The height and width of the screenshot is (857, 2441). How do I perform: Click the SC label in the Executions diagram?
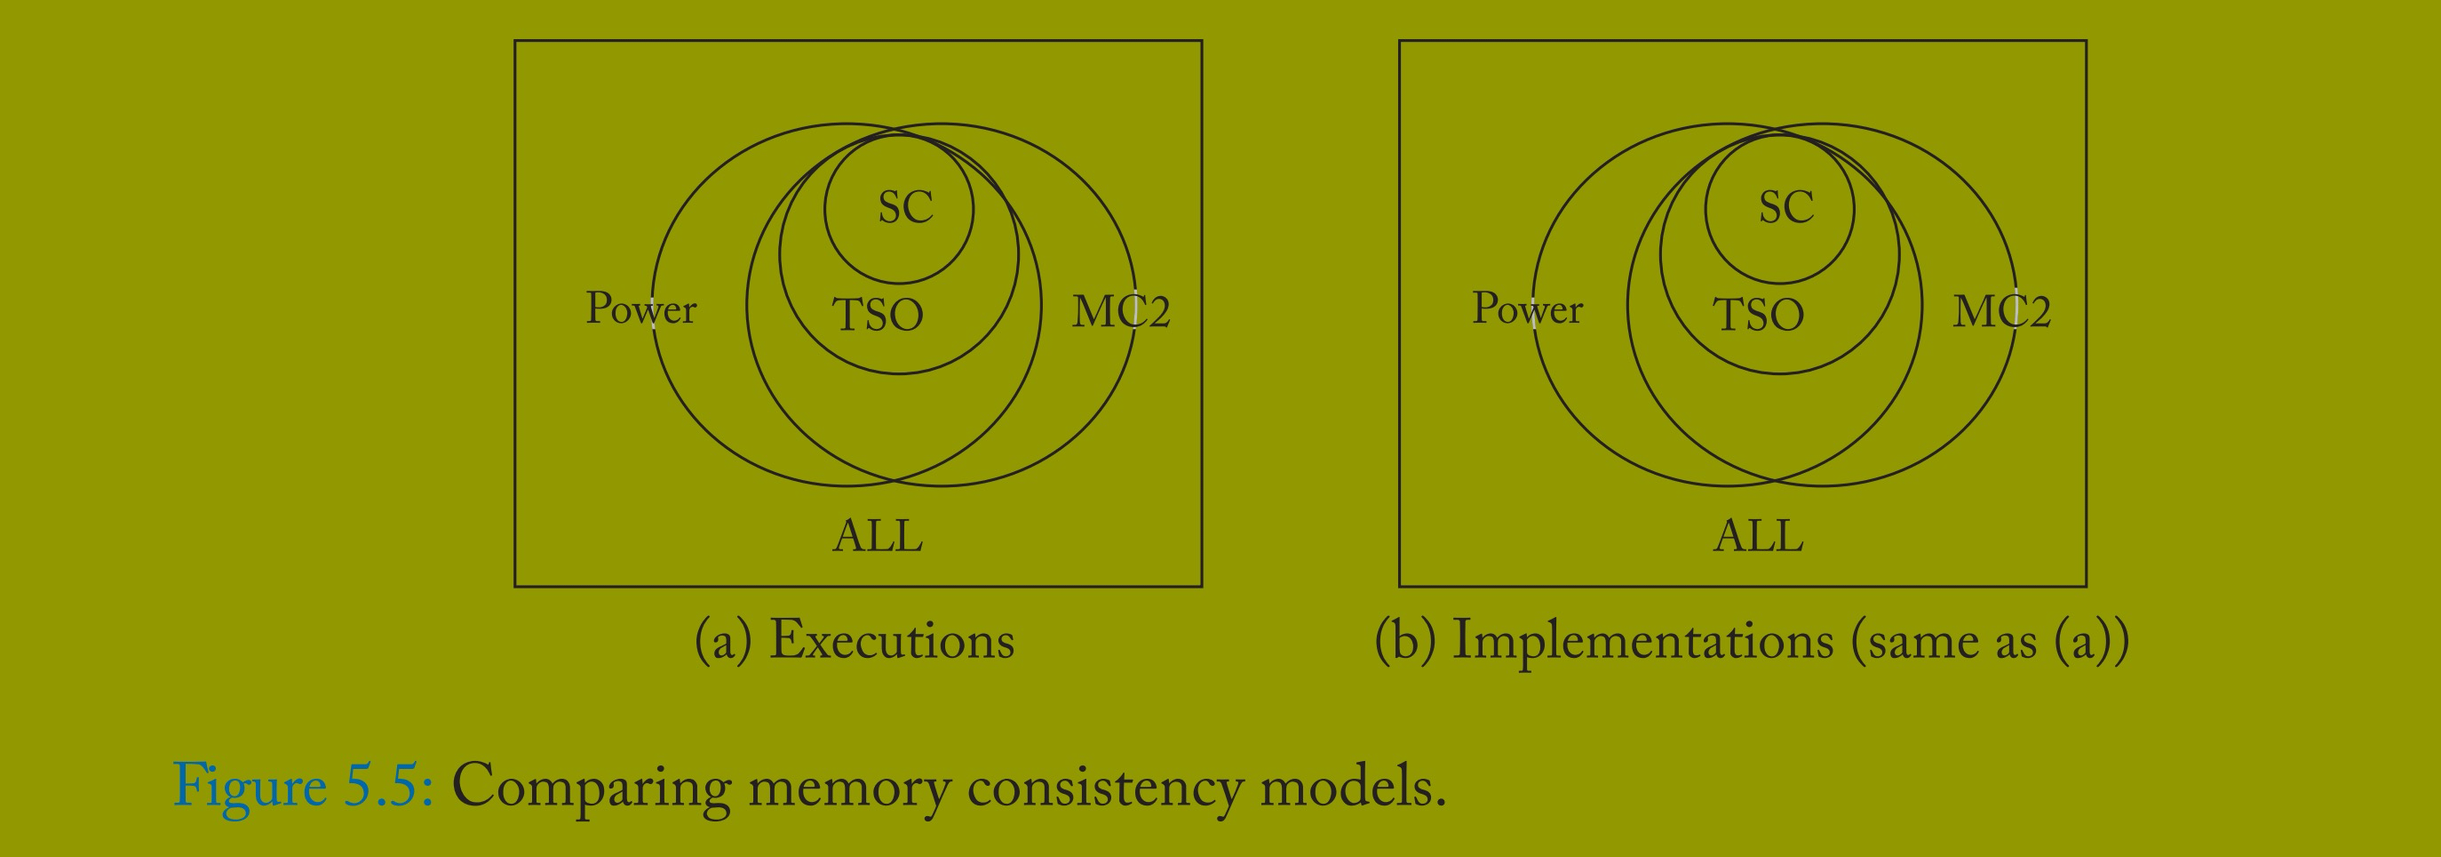(x=905, y=208)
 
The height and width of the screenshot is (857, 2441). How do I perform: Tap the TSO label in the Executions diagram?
(x=878, y=315)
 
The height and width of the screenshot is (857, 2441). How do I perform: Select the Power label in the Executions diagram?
(x=640, y=309)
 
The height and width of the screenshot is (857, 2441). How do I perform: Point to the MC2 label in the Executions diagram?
(x=1121, y=312)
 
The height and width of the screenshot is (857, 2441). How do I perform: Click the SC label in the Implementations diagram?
(x=1786, y=208)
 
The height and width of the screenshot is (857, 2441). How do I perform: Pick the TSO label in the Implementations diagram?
(x=1759, y=315)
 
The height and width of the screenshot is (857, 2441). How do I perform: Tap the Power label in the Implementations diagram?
(x=1527, y=309)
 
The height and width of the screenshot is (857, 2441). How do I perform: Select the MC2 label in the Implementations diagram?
(x=2001, y=312)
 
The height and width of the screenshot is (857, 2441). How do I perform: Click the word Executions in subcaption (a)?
(x=892, y=641)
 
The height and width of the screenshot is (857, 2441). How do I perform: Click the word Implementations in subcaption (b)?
(x=1643, y=641)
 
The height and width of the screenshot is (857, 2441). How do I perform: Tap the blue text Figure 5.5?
(x=303, y=785)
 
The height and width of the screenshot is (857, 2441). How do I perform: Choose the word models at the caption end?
(x=1350, y=787)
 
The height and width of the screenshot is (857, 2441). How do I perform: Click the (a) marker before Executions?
(x=723, y=642)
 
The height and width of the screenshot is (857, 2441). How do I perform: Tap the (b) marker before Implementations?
(x=1405, y=642)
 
